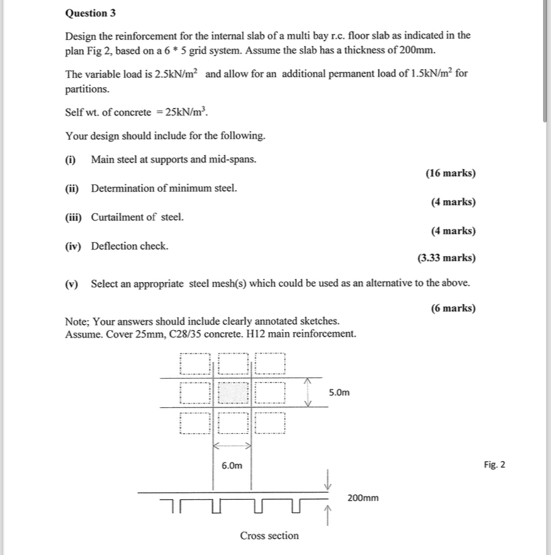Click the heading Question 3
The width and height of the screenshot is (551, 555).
coord(87,13)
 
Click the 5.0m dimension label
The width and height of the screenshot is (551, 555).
coord(339,393)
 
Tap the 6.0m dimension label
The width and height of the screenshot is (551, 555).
coord(232,465)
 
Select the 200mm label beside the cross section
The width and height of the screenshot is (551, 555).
coord(363,497)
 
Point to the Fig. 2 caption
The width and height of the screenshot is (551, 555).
coord(494,464)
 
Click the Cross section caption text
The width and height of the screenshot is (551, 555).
coord(269,536)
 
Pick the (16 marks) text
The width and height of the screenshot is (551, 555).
coord(451,173)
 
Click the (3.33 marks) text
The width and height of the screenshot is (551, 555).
coord(447,258)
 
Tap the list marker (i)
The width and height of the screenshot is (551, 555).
coord(71,160)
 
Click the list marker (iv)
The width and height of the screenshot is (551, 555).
coord(73,246)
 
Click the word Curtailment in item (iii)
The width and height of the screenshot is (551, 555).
coord(118,217)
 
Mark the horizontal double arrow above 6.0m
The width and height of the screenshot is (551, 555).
coord(232,445)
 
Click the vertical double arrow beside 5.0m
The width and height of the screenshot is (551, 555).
coord(307,393)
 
